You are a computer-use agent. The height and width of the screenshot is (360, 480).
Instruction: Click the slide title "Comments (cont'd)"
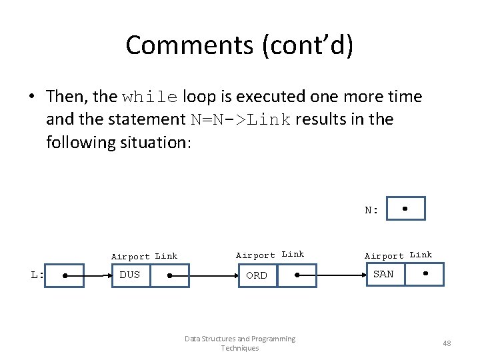[x=239, y=45]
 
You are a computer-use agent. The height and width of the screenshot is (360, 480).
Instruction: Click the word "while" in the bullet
[x=150, y=97]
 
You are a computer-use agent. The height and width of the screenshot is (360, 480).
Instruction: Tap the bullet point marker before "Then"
[x=31, y=97]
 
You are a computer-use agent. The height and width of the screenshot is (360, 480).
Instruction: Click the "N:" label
[x=371, y=211]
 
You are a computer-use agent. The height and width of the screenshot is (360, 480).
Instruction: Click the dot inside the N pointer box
[x=405, y=208]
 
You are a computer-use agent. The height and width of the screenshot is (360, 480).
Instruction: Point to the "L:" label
[x=37, y=275]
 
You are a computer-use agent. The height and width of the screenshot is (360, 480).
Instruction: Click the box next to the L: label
[x=65, y=275]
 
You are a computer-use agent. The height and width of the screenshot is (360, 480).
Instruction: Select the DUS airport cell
[x=130, y=275]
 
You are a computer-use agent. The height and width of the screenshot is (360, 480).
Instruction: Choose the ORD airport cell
[x=257, y=275]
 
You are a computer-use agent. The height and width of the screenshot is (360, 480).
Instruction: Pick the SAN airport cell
[x=383, y=274]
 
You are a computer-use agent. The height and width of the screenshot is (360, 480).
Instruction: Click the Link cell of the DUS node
[x=169, y=275]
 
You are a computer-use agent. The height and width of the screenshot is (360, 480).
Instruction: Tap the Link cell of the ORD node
[x=297, y=275]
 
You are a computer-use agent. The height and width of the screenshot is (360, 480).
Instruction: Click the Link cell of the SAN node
[x=425, y=274]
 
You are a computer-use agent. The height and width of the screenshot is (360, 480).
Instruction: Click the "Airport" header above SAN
[x=384, y=256]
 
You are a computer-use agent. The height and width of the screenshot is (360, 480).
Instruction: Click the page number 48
[x=447, y=343]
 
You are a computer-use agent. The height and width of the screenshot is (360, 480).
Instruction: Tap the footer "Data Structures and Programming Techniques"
[x=240, y=343]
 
